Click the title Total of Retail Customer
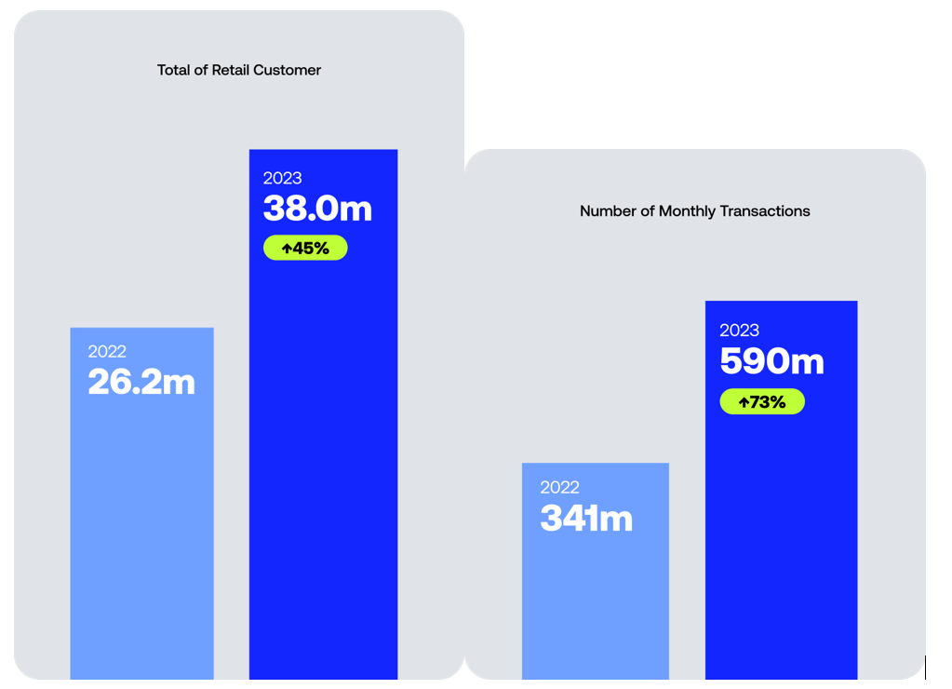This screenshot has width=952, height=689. [x=238, y=70]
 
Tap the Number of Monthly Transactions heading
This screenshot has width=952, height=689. [x=694, y=210]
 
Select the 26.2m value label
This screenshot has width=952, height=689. [x=141, y=382]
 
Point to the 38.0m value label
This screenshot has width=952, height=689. [x=317, y=208]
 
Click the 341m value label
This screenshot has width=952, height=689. [x=586, y=519]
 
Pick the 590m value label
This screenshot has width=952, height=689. [x=771, y=361]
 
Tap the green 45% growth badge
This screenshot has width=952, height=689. [x=305, y=248]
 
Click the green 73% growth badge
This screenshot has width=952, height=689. [x=762, y=401]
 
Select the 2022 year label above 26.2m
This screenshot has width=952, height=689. [x=107, y=351]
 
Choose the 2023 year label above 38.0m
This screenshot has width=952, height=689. [x=282, y=178]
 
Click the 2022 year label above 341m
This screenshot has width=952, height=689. [x=560, y=487]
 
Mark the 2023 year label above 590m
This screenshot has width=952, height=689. [x=740, y=330]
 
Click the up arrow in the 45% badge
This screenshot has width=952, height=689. [x=288, y=249]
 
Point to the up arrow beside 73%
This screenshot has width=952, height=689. [x=744, y=402]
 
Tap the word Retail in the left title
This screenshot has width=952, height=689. [x=230, y=70]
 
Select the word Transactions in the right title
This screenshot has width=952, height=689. [x=765, y=210]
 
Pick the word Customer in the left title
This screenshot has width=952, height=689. [x=287, y=70]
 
